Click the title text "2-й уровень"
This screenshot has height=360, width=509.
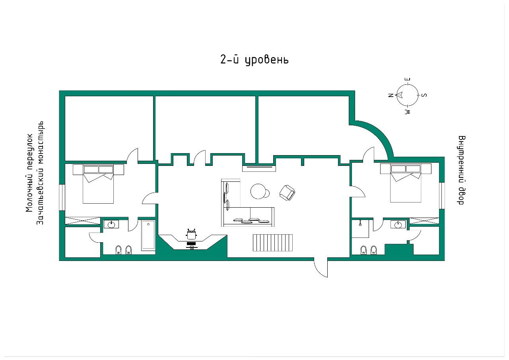coord(254,60)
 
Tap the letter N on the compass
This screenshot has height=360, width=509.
coord(391,95)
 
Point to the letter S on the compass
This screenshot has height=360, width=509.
coord(424,95)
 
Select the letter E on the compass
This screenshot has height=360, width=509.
coord(408,79)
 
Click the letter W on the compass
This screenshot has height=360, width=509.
coord(408,111)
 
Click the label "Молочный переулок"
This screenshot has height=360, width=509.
coord(29,173)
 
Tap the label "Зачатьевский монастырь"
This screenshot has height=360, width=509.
coord(40,173)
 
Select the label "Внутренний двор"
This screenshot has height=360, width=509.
coord(461,170)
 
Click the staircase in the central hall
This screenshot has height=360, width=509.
coord(273,243)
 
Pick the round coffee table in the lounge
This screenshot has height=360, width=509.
coord(258,191)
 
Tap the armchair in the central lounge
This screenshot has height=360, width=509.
coord(287,193)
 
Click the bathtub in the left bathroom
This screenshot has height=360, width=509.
coord(148,235)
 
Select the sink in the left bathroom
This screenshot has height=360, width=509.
coord(111,224)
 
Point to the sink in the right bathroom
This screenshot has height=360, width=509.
coord(398,224)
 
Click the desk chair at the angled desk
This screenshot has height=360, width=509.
coord(191,234)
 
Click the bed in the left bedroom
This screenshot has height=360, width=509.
coord(98,184)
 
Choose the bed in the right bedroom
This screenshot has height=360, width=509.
coord(406,183)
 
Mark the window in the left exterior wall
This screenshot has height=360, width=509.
coord(62,197)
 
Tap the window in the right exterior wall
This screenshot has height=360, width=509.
coord(442,195)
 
